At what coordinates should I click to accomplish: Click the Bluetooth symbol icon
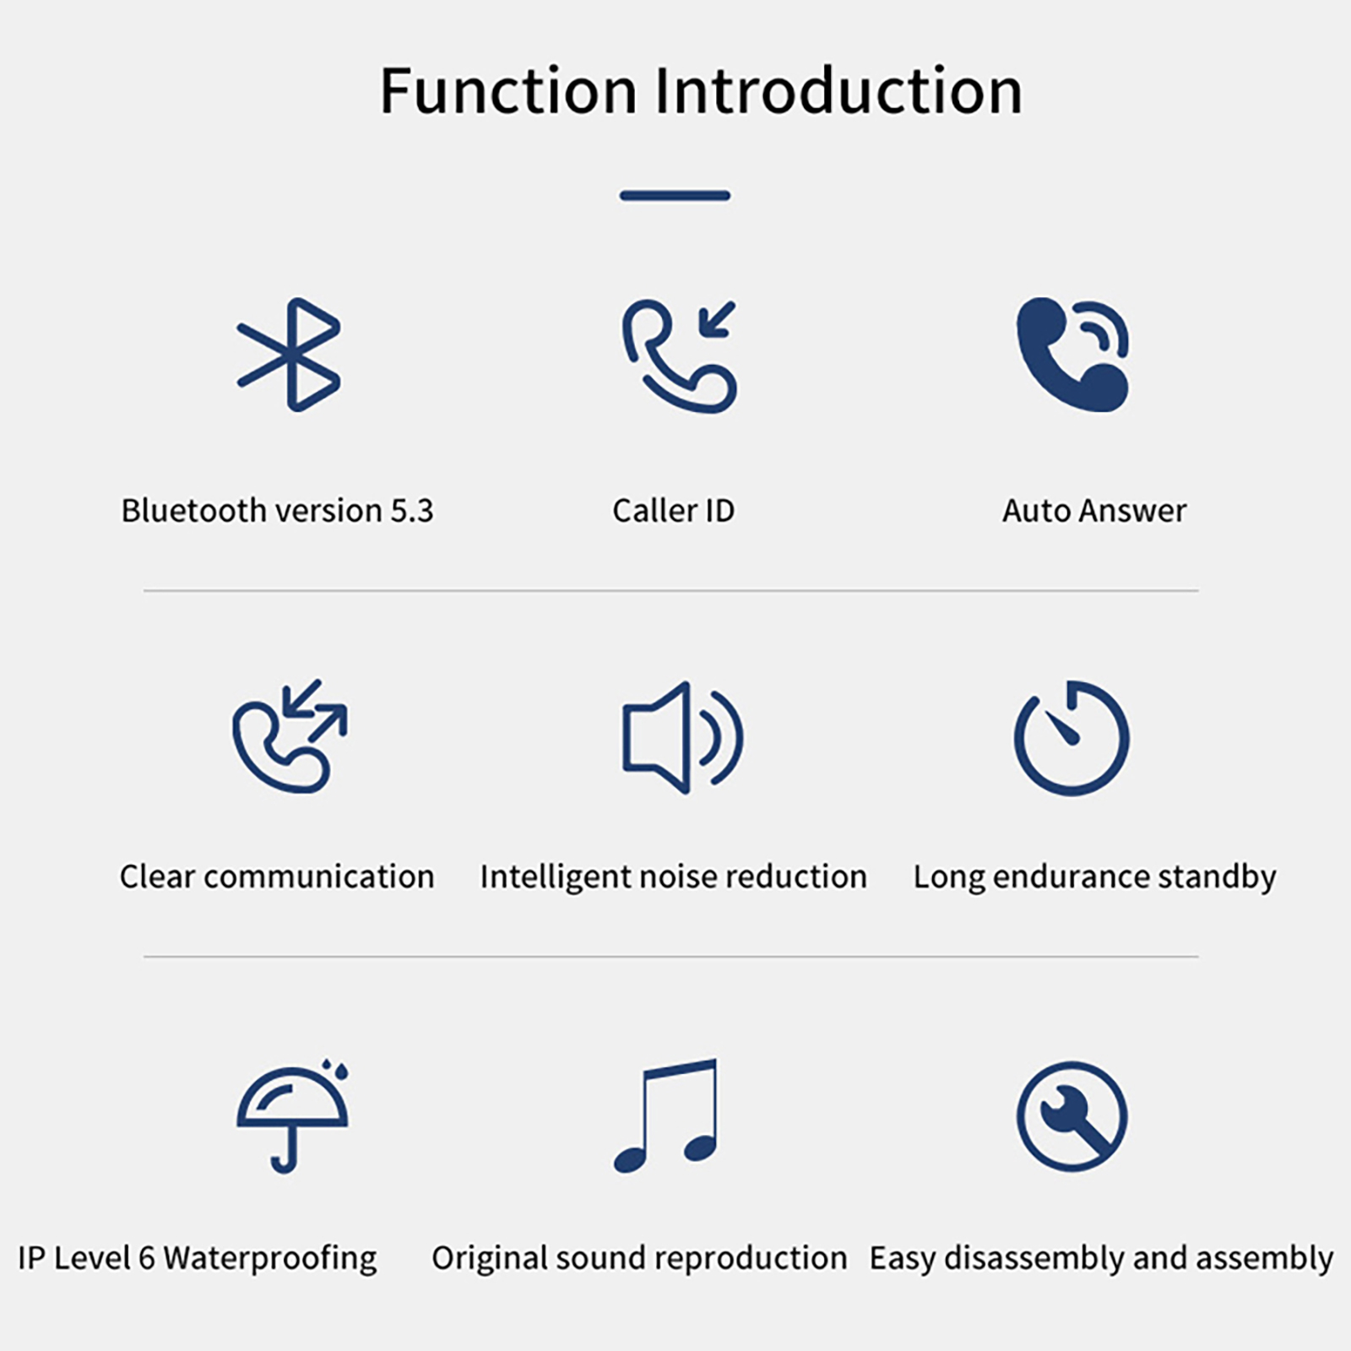[x=290, y=355]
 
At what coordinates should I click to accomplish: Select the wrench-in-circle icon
[x=1072, y=1116]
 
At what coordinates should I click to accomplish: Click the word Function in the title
[x=508, y=90]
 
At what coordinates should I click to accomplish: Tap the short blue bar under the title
[x=675, y=196]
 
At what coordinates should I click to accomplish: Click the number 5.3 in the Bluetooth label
[x=411, y=511]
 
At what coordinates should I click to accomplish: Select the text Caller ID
[x=674, y=511]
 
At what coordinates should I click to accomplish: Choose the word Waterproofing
[x=270, y=1259]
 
